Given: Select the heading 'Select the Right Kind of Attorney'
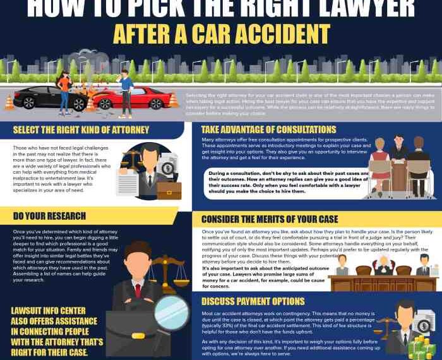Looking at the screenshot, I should coord(81,130).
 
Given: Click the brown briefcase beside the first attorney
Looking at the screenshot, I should coord(169,190).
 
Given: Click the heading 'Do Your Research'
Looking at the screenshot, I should coord(49,216).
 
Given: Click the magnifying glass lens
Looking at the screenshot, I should coord(171,312).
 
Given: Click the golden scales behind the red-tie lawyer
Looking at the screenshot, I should coord(169,268).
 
